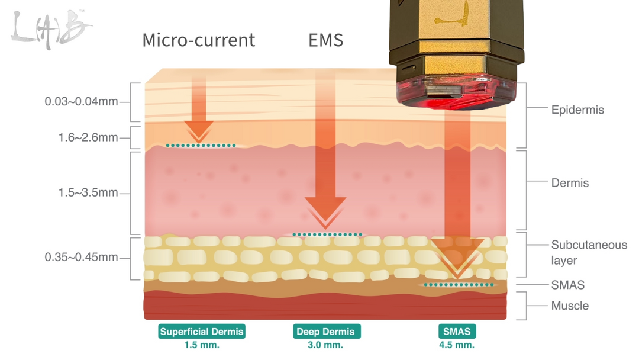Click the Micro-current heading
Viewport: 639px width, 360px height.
pyautogui.click(x=198, y=40)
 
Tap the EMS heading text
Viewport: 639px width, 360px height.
pyautogui.click(x=325, y=40)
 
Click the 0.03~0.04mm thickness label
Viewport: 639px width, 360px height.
pyautogui.click(x=81, y=101)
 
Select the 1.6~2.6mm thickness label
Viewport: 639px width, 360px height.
pyautogui.click(x=88, y=137)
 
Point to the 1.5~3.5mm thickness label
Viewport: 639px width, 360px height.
pyautogui.click(x=88, y=192)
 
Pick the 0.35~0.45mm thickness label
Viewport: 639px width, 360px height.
pyautogui.click(x=81, y=257)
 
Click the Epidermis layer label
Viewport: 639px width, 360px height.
pyautogui.click(x=577, y=110)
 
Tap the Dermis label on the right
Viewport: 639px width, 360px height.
pyautogui.click(x=570, y=182)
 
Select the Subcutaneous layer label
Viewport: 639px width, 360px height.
pyautogui.click(x=589, y=252)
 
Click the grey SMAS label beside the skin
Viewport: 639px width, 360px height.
pyautogui.click(x=567, y=285)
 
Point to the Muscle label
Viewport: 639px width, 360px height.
pyautogui.click(x=570, y=306)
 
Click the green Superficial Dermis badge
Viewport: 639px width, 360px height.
pyautogui.click(x=202, y=332)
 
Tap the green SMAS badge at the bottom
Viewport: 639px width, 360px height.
pyautogui.click(x=457, y=332)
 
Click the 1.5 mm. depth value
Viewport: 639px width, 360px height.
pyautogui.click(x=202, y=345)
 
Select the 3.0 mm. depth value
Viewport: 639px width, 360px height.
pyautogui.click(x=325, y=345)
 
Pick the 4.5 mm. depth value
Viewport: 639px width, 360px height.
pyautogui.click(x=457, y=345)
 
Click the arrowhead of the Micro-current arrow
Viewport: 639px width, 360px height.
pyautogui.click(x=199, y=130)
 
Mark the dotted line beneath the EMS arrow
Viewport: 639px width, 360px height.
pyautogui.click(x=327, y=234)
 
